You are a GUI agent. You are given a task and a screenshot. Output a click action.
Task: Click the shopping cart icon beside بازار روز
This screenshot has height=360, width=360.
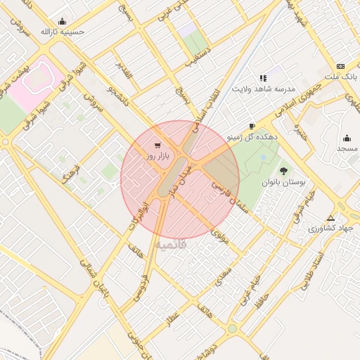tap(156, 145)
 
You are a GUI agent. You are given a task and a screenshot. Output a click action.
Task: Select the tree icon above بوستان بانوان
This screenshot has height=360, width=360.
tap(284, 171)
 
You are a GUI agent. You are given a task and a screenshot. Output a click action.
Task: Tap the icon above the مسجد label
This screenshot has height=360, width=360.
tap(347, 138)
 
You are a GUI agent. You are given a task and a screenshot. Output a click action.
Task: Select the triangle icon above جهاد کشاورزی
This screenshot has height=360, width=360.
tap(330, 217)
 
